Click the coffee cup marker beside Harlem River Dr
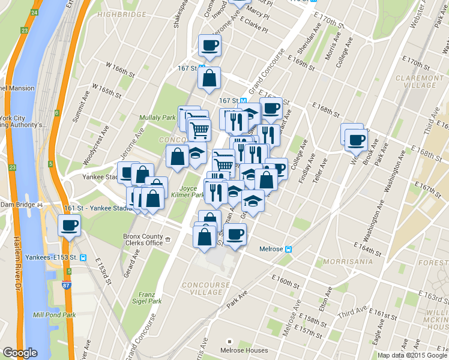coord(69,226)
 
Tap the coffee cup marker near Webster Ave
coord(355,140)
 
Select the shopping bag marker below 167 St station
coord(209,78)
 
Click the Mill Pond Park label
coord(55,314)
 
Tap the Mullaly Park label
coord(157,118)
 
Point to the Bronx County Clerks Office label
coord(143,239)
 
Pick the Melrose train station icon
coord(289,249)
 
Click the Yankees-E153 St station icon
coord(83,258)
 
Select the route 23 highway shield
coord(24,30)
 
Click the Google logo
coord(20,353)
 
